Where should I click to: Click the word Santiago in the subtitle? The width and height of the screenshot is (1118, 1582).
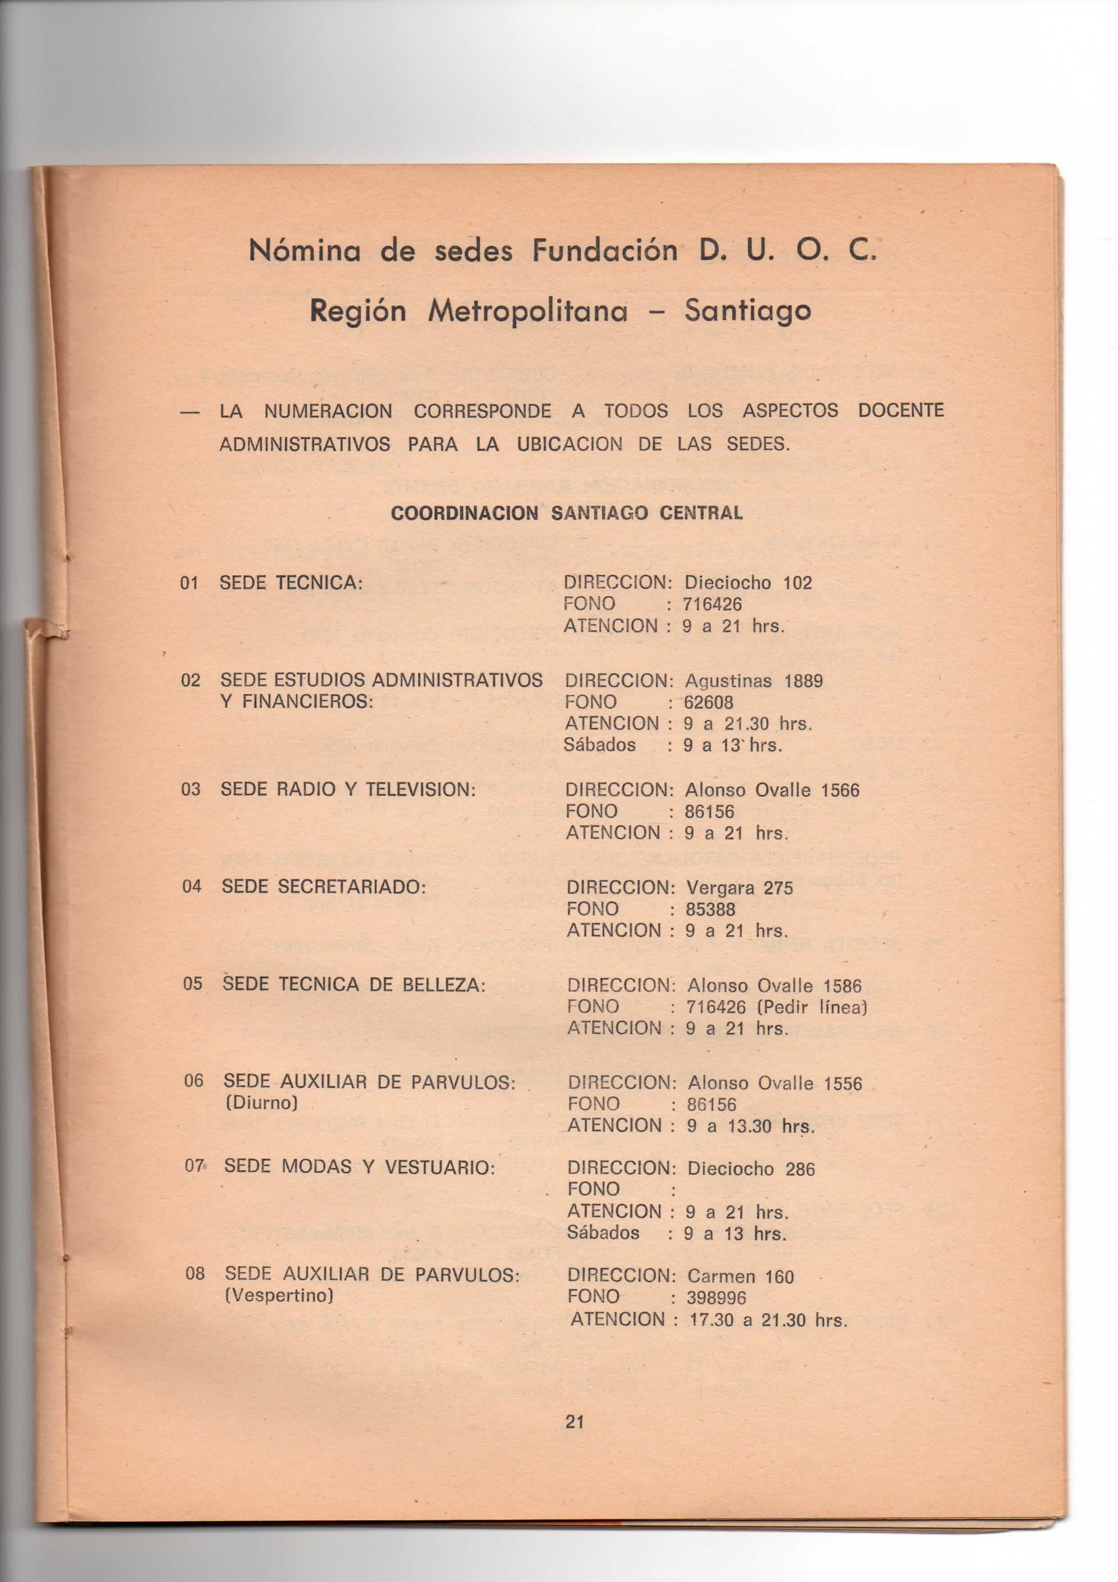(748, 312)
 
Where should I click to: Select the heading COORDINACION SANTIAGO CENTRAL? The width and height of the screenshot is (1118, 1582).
(566, 514)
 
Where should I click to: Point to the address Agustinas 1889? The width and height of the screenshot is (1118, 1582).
(753, 681)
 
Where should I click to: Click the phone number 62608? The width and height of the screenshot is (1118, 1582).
(709, 703)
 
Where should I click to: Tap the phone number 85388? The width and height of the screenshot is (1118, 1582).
(710, 909)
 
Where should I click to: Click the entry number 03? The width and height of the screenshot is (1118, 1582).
(191, 789)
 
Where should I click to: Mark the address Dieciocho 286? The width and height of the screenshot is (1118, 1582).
(751, 1169)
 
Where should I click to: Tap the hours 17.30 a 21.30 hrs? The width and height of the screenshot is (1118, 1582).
(767, 1320)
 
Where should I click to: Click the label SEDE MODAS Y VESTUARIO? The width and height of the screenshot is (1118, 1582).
(360, 1167)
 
